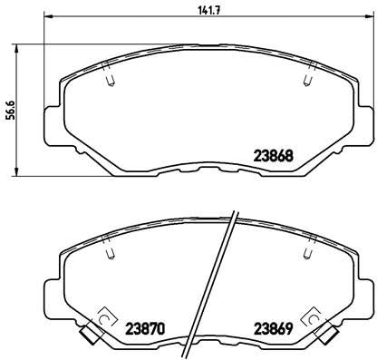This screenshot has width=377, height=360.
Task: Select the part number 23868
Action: coord(271,154)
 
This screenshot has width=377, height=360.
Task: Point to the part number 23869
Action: coord(271,327)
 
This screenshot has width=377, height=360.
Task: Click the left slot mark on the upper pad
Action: coord(108,79)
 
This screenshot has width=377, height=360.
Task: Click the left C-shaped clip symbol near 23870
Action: coord(102,318)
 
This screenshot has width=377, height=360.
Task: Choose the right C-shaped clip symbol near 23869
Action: coord(314,318)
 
